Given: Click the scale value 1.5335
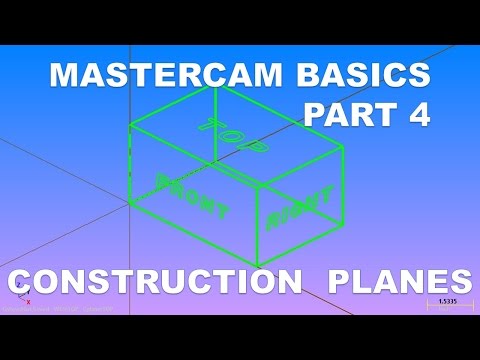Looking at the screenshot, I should tap(448, 300).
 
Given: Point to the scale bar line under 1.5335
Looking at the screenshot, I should tap(448, 306).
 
